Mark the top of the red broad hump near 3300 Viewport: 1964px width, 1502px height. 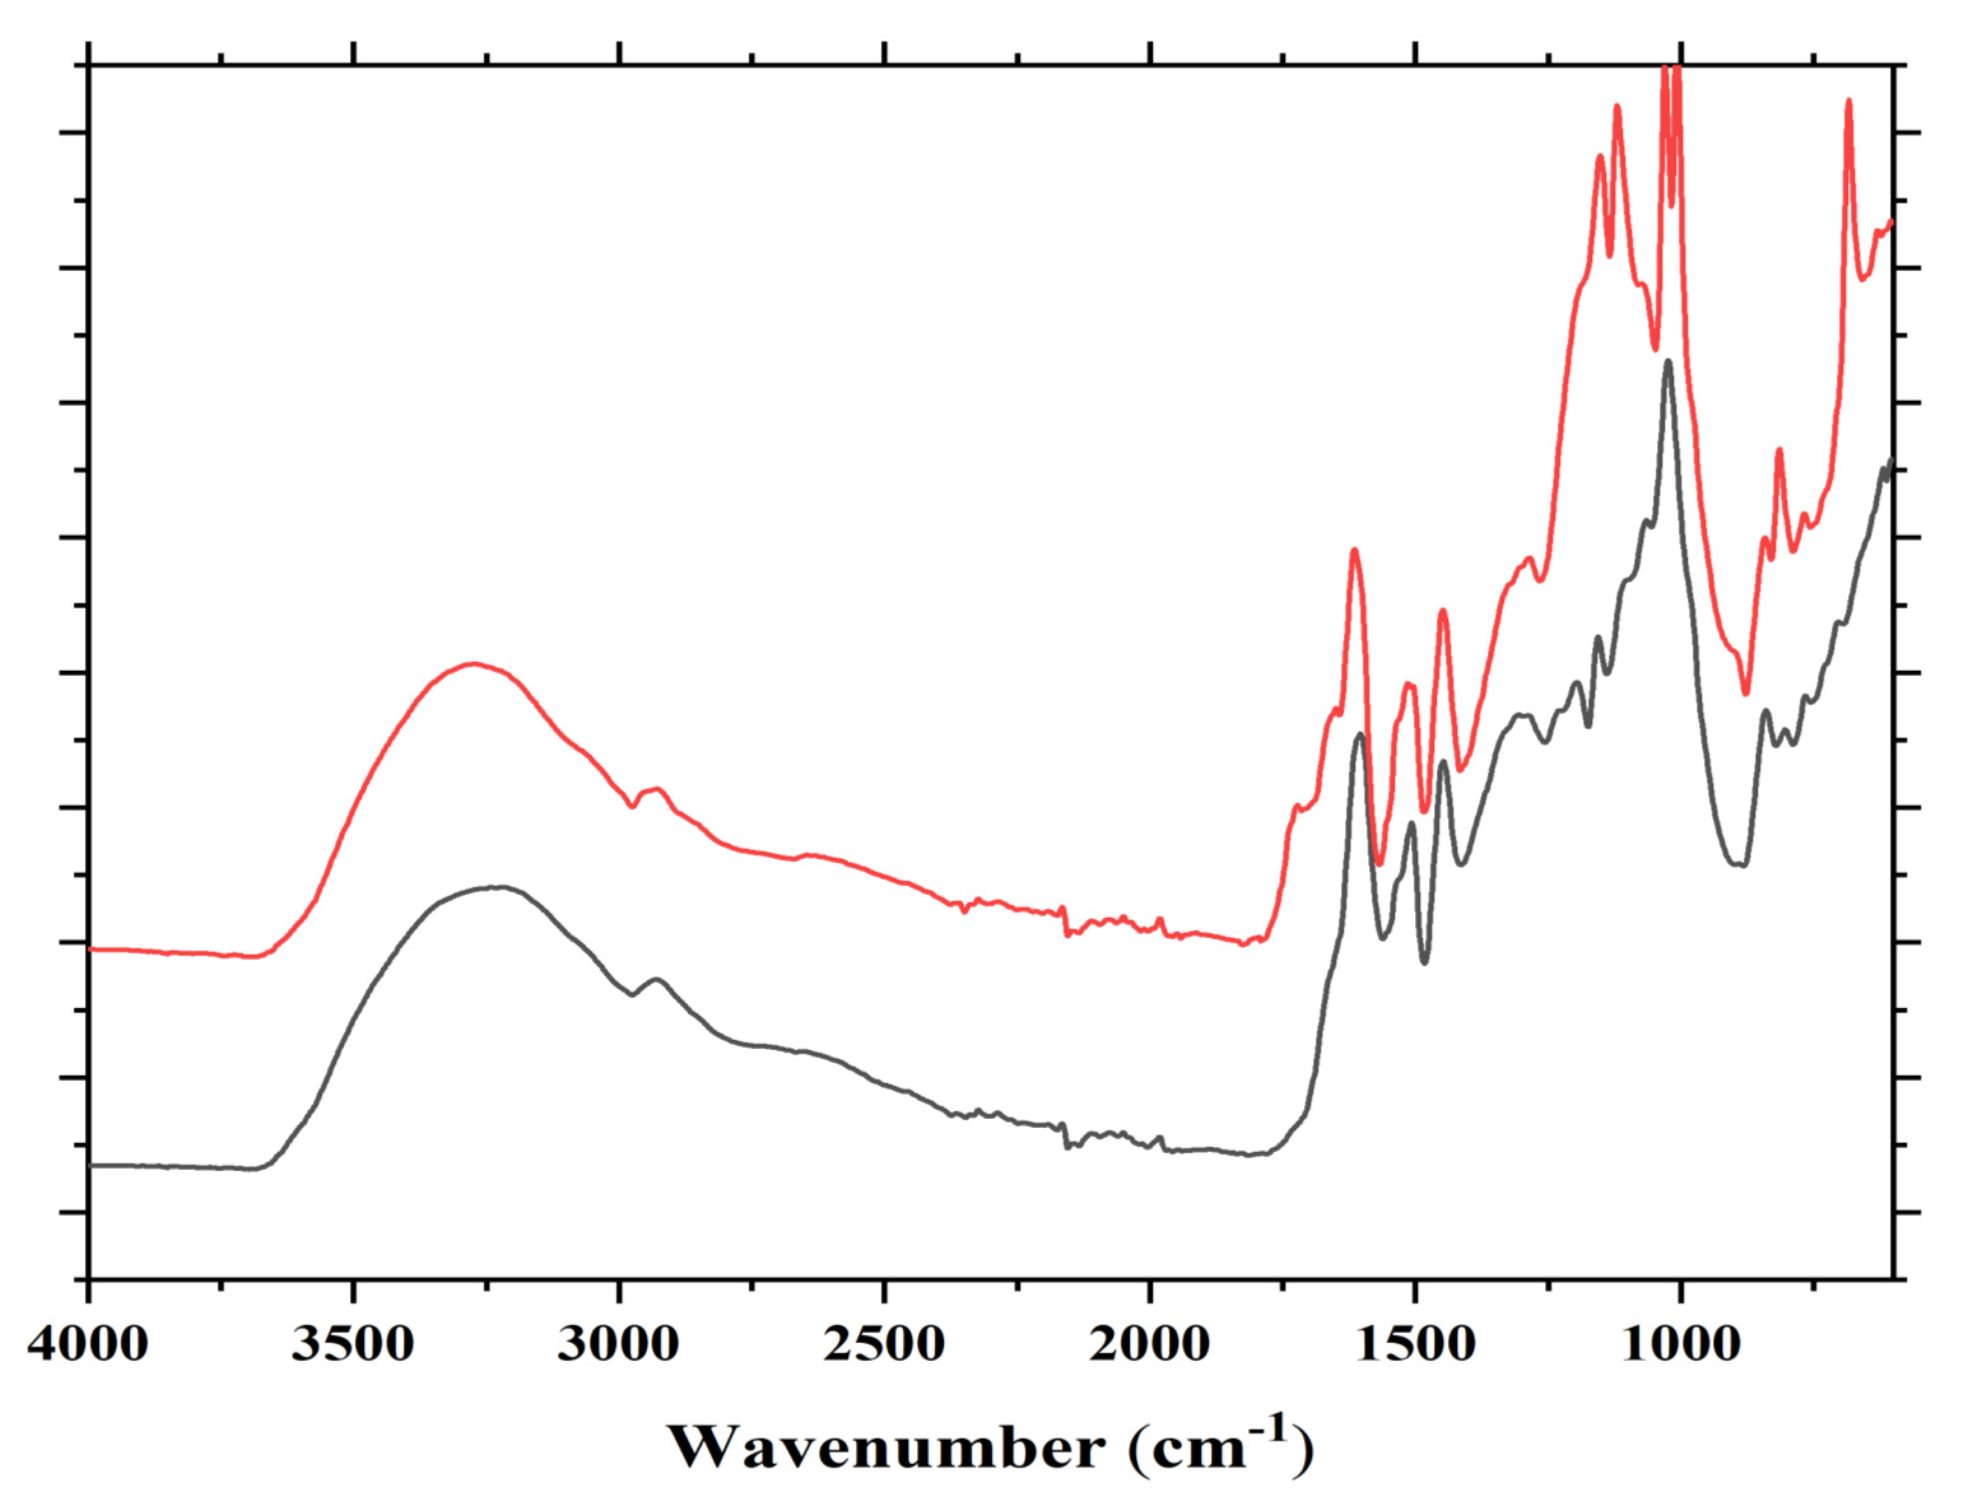coord(474,664)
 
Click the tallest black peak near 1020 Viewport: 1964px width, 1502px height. coord(1668,362)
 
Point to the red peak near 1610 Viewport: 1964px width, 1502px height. coord(1354,550)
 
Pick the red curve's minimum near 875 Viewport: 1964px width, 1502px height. coord(1745,693)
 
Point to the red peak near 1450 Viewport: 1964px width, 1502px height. coord(1442,610)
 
